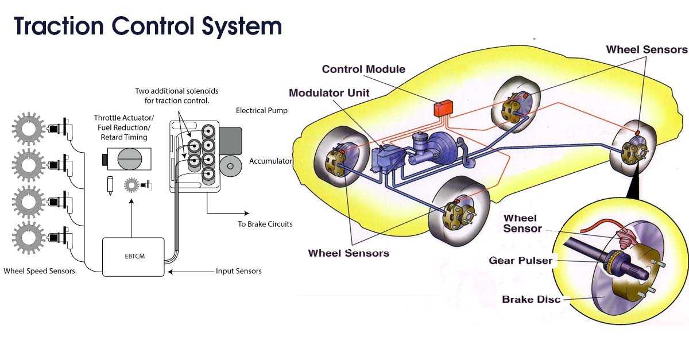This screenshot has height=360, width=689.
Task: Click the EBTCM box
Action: click(x=133, y=257)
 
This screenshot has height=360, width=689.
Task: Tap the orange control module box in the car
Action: click(x=443, y=109)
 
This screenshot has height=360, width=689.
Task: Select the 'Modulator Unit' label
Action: click(x=329, y=93)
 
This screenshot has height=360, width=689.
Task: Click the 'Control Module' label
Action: click(x=363, y=69)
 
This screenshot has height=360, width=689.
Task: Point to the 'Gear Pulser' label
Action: click(x=520, y=261)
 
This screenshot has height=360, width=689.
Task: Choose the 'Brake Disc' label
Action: click(x=531, y=299)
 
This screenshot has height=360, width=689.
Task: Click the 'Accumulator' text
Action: click(x=270, y=161)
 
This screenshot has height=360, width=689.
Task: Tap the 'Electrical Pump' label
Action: click(x=262, y=110)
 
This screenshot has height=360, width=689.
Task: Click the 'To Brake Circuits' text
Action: click(x=265, y=224)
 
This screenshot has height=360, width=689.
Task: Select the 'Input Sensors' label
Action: click(x=239, y=271)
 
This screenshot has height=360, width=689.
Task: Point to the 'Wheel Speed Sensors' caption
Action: click(x=40, y=271)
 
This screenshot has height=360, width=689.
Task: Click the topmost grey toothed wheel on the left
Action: click(x=28, y=129)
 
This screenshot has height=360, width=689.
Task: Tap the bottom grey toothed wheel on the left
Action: click(x=28, y=238)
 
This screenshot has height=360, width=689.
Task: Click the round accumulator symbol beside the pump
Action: click(x=230, y=166)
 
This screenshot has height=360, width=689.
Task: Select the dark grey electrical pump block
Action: click(x=230, y=141)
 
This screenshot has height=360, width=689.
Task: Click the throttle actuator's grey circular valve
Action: click(x=130, y=159)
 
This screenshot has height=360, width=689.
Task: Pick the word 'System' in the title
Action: click(x=242, y=26)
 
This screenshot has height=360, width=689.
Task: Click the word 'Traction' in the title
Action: click(x=59, y=26)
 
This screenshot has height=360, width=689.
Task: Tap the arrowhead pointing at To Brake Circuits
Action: click(x=247, y=213)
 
